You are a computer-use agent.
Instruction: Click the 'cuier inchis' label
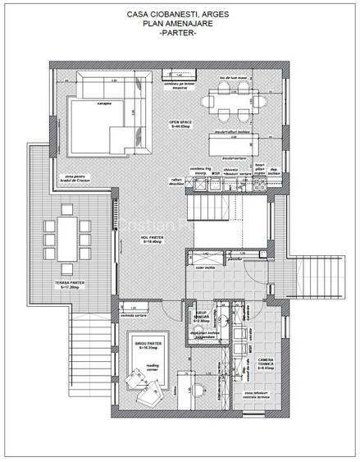206,268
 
